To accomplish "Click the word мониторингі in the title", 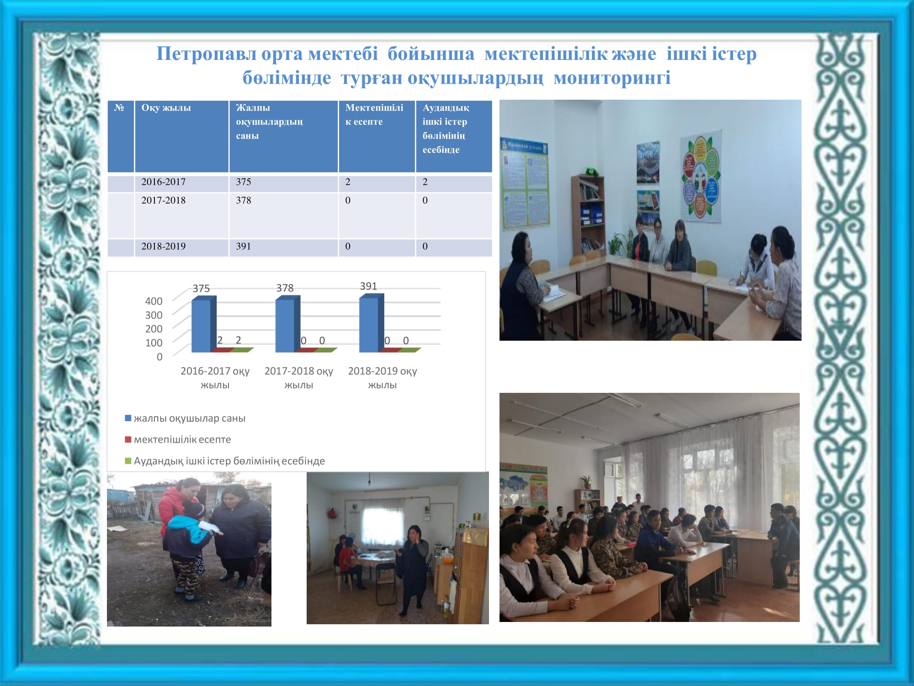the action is [612, 78].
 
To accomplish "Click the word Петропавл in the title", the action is [207, 54].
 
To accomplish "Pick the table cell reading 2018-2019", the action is [182, 247].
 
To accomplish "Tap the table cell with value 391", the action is [283, 247].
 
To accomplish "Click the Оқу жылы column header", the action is [182, 136].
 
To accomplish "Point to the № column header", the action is [121, 136].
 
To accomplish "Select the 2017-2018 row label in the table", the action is [182, 215].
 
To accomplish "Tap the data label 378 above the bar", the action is [285, 288].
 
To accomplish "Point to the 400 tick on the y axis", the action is [154, 301].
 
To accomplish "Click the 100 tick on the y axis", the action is [154, 343].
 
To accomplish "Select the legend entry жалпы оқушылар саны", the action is [186, 418].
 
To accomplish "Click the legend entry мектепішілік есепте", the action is [178, 439].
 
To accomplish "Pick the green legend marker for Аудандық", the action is [128, 461].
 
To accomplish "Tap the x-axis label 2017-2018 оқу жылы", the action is [299, 377].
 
